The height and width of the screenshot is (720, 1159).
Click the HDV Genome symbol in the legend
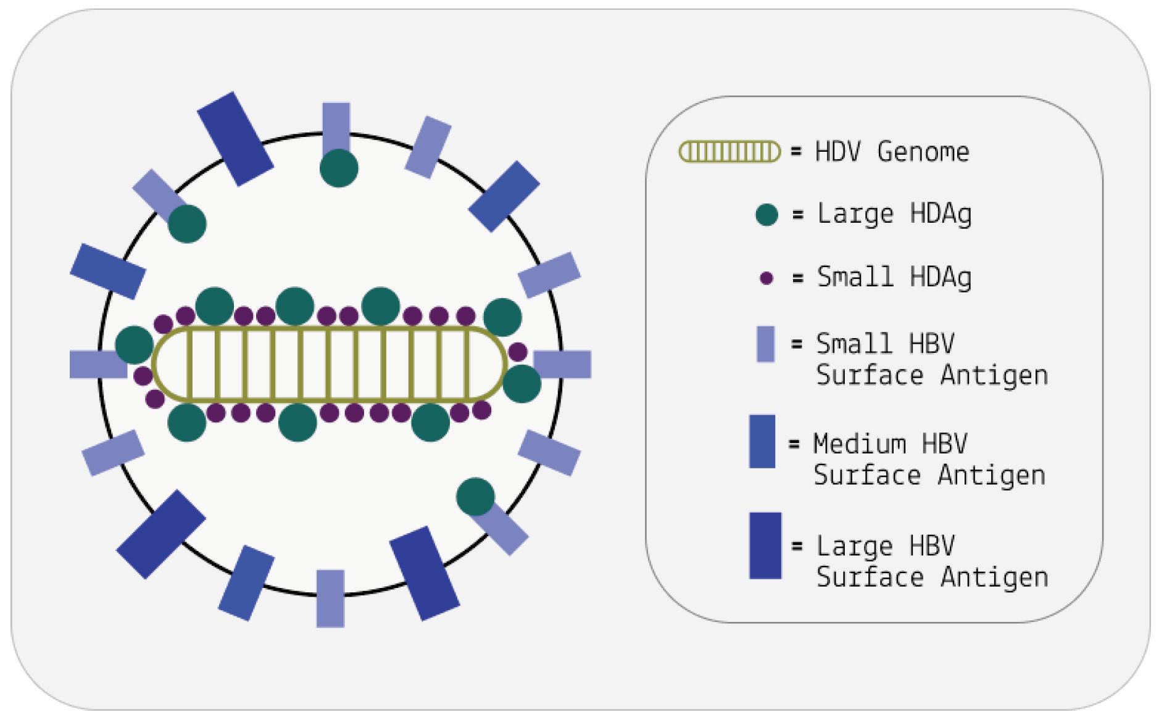coord(729,152)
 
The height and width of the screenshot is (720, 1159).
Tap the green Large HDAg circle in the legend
coord(766,215)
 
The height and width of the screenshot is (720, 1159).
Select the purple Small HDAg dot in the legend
coord(766,278)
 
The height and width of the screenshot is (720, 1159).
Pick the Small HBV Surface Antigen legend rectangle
coord(765,344)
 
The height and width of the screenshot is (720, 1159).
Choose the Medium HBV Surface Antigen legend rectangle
coord(762,441)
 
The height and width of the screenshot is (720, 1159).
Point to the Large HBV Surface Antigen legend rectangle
coord(765,545)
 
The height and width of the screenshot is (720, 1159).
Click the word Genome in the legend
coord(923,152)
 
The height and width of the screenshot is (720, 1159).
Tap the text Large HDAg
coord(894,214)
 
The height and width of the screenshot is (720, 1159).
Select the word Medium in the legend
coord(860,444)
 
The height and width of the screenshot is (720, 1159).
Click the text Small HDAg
coord(894,277)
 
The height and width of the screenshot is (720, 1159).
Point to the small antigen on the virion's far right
coord(562,364)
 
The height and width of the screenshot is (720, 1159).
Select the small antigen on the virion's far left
coord(98,364)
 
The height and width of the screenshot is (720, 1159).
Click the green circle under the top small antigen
coord(339,168)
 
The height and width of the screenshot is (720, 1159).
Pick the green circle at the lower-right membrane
coord(475,497)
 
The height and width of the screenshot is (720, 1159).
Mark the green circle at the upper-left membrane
coord(187,224)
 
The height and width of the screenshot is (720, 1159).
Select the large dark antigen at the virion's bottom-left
coord(161,534)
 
